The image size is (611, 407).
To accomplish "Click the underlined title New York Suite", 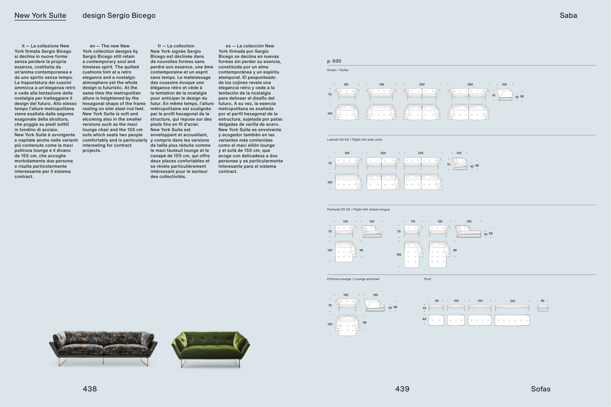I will (40, 16).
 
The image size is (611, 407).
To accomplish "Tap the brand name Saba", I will (568, 16).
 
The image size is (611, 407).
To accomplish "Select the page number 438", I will (90, 389).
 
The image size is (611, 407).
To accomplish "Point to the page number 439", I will (402, 389).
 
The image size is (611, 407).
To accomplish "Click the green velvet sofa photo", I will (210, 349).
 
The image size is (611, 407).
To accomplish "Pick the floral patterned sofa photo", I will (103, 348).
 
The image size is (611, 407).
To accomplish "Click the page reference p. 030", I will (334, 61).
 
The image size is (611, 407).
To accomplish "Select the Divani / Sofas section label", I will (338, 70).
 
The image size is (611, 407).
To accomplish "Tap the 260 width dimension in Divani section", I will (470, 85).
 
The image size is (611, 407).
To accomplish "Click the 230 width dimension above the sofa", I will (422, 85).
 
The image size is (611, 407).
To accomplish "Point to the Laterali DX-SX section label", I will (354, 140).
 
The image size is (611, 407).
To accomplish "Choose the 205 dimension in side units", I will (383, 153).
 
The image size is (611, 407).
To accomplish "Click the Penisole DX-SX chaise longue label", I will (358, 209).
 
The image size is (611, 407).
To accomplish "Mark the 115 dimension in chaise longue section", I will (413, 221).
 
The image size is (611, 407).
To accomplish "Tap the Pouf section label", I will (428, 279).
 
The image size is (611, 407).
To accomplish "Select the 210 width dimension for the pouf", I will (512, 301).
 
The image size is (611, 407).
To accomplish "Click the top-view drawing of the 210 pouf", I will (512, 320).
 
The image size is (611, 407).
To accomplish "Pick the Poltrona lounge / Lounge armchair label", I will (353, 279).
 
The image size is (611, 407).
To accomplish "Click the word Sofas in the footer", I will (541, 389).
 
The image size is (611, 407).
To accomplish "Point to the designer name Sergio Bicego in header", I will (131, 16).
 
